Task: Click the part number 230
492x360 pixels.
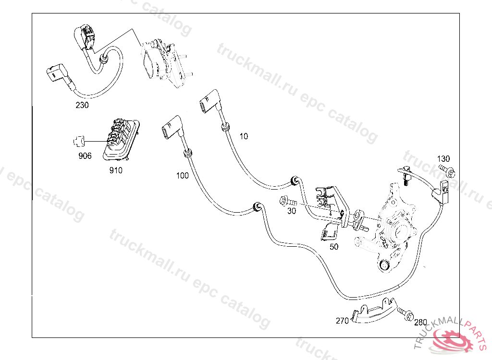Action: point(82,105)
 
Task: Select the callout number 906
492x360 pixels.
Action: point(85,156)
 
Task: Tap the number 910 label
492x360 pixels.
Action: point(116,170)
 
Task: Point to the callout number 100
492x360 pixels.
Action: point(183,176)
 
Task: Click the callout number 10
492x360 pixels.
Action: point(244,136)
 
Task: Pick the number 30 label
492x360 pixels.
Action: point(291,210)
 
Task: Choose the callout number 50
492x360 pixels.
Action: point(334,247)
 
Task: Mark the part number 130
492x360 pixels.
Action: point(443,159)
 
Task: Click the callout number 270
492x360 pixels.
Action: point(342,321)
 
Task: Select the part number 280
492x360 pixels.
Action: point(420,322)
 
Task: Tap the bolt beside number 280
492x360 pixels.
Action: point(406,313)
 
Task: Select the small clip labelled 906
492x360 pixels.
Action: point(78,141)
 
